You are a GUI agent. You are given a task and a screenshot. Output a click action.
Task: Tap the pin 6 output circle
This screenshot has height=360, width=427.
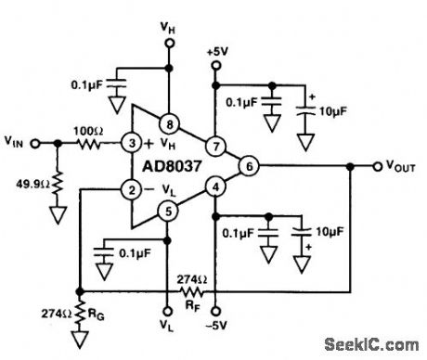[x=248, y=166]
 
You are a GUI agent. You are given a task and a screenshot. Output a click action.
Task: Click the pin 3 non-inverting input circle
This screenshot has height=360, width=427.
[x=133, y=143]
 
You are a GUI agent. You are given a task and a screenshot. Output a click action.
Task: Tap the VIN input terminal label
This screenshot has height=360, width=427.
[x=16, y=143]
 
